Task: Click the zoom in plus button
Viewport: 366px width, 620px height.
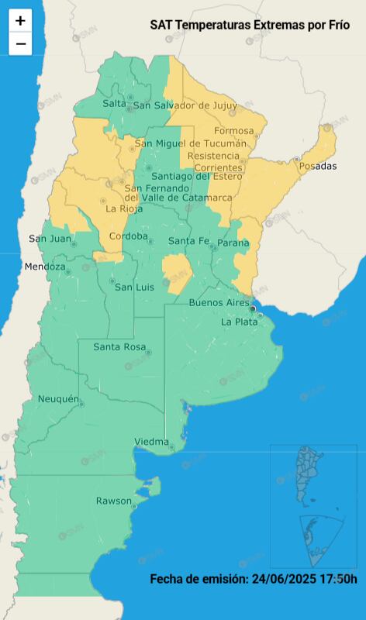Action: pos(20,21)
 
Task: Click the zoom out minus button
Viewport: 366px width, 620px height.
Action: pos(20,44)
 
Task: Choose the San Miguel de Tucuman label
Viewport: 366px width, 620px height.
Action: pos(191,143)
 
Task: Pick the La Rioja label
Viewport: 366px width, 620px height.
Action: pos(123,208)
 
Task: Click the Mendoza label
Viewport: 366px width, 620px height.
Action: pos(45,267)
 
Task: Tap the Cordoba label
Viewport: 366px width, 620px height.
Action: pos(128,236)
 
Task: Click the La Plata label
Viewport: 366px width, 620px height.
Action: pos(237,321)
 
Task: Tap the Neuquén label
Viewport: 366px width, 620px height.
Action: pos(59,399)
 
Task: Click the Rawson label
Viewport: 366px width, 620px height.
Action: pos(113,501)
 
